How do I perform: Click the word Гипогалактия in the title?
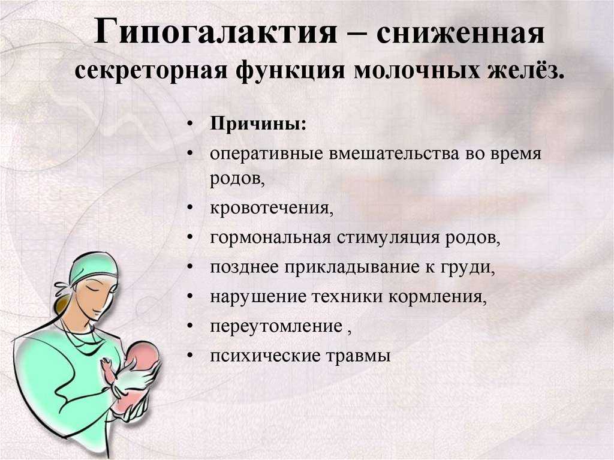point(215,31)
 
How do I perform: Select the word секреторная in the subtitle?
point(151,71)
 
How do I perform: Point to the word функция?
point(291,71)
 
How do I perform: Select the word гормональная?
point(270,238)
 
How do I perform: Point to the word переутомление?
point(276,326)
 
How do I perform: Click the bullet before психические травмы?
point(190,356)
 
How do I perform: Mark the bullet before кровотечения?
point(190,208)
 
